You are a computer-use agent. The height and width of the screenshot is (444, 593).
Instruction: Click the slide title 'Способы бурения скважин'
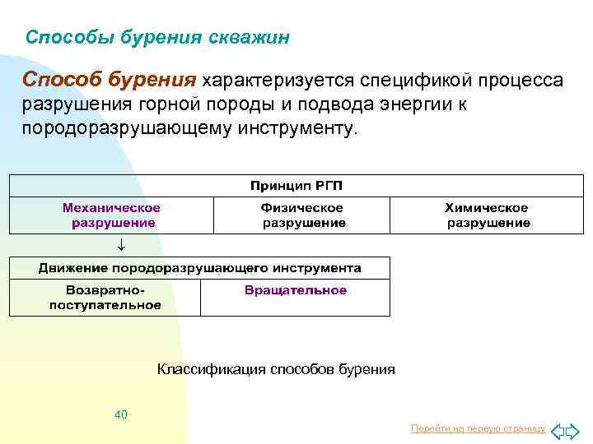pos(157,38)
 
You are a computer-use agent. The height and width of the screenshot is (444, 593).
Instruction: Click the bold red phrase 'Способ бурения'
pos(110,81)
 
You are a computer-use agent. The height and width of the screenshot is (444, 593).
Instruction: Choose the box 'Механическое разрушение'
pos(112,215)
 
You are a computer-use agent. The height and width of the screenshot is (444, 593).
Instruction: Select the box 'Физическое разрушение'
pos(302,215)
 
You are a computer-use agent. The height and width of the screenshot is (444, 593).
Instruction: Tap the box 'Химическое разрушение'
pos(488,215)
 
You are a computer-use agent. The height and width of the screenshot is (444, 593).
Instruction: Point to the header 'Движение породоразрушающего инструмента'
pos(199,268)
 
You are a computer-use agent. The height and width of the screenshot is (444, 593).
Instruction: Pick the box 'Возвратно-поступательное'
pos(105,298)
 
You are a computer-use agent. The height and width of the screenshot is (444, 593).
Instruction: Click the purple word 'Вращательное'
pos(295,290)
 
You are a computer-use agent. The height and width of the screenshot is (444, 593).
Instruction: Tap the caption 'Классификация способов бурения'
pos(276,370)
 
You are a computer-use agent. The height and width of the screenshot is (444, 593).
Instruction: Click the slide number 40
pos(121,414)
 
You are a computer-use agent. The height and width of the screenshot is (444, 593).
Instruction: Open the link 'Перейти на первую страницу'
pos(478,428)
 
